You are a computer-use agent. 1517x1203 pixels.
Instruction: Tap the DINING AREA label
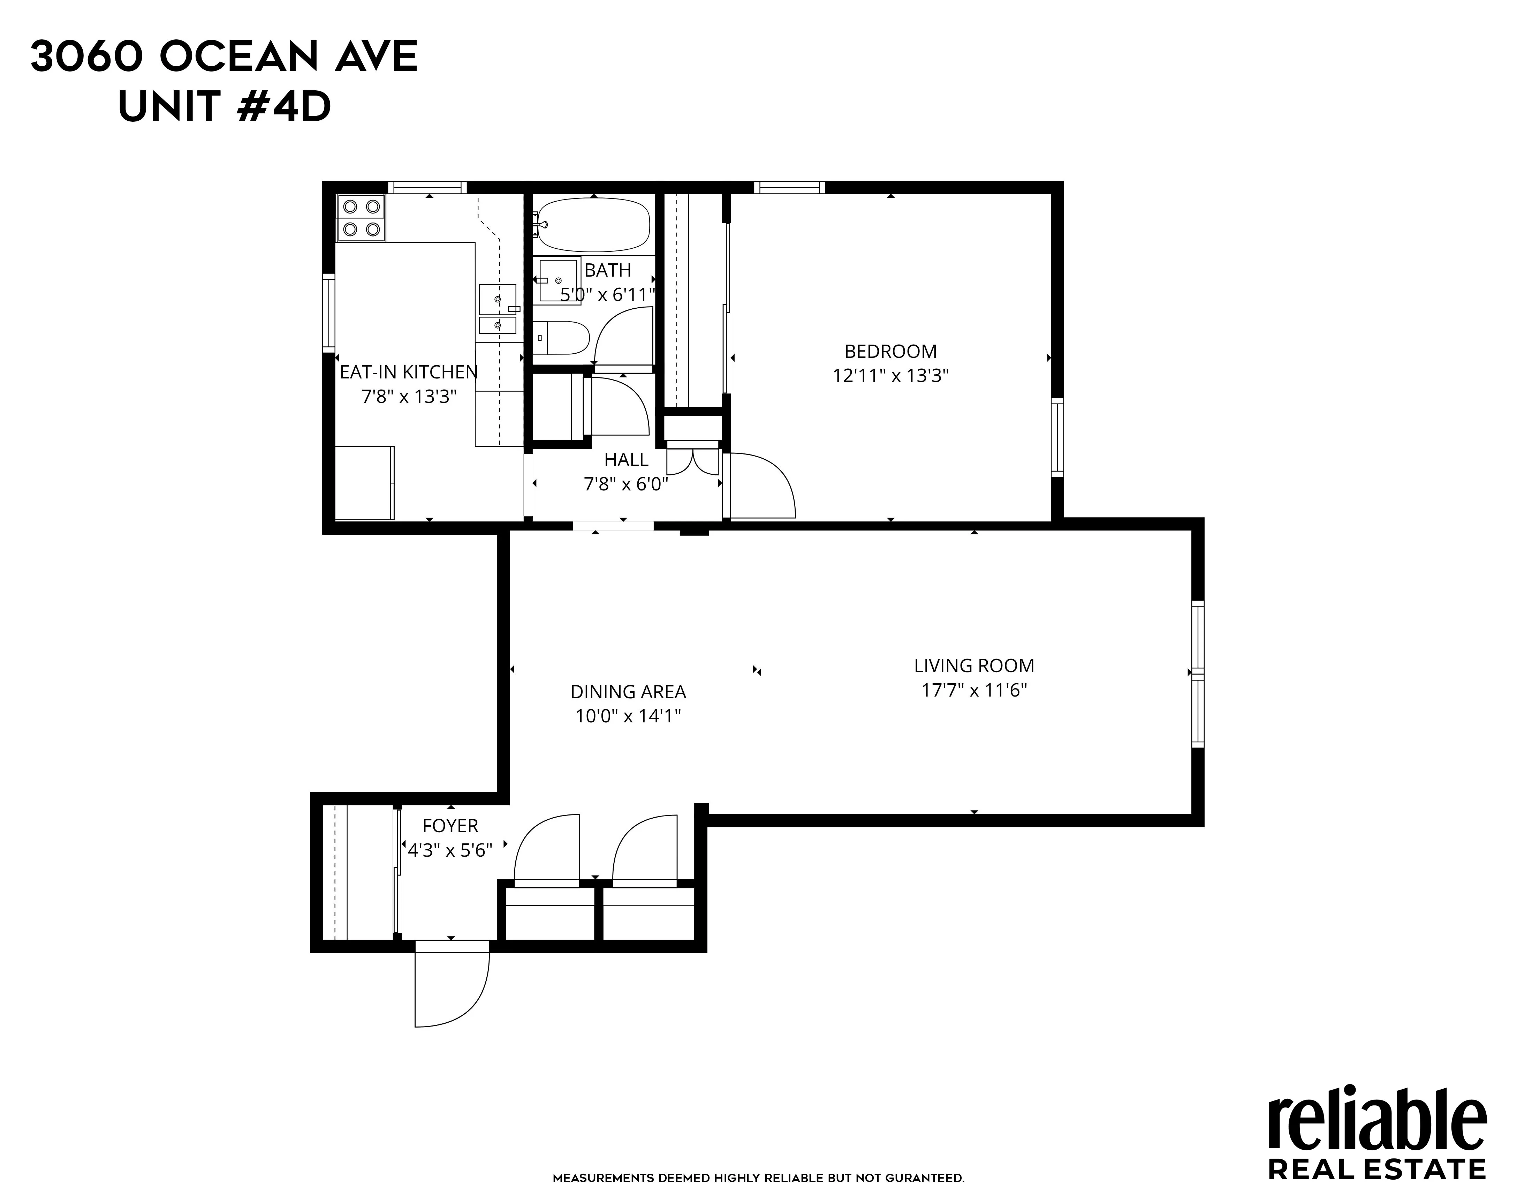pos(628,692)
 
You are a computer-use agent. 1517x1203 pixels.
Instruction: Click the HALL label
pos(625,460)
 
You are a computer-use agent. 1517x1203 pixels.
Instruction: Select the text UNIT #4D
pos(224,108)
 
